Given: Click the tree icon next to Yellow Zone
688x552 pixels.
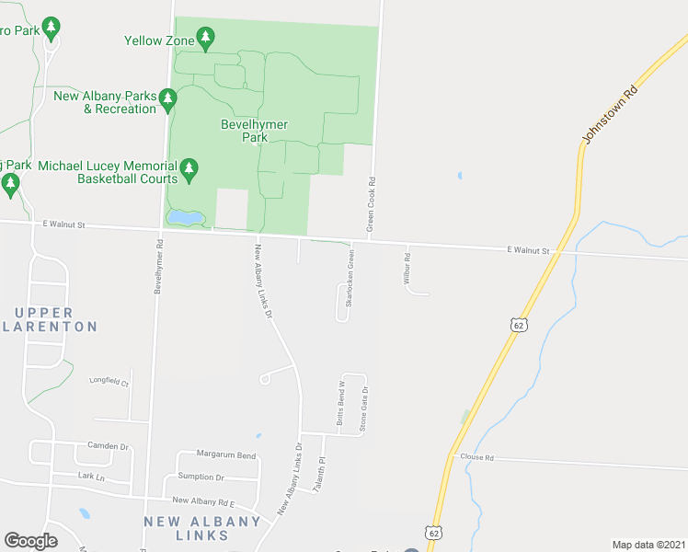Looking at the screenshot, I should pyautogui.click(x=207, y=38).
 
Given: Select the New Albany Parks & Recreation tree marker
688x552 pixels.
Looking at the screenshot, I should pyautogui.click(x=167, y=98).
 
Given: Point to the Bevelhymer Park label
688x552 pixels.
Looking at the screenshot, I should pyautogui.click(x=255, y=131).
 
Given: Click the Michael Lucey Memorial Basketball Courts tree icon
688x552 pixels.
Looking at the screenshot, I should pyautogui.click(x=189, y=167).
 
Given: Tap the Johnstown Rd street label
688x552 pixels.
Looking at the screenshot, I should pyautogui.click(x=610, y=115).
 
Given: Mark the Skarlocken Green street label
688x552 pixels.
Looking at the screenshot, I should pyautogui.click(x=350, y=277).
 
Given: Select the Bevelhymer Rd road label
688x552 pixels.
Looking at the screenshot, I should pyautogui.click(x=159, y=267).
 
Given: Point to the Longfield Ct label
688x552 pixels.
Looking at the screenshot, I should pyautogui.click(x=109, y=381).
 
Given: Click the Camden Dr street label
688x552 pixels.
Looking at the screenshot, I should pyautogui.click(x=102, y=446).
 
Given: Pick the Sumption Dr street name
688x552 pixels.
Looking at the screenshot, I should pyautogui.click(x=201, y=477).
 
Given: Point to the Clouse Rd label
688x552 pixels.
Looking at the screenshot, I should pyautogui.click(x=477, y=457).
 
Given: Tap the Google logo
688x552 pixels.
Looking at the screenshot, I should pyautogui.click(x=30, y=541).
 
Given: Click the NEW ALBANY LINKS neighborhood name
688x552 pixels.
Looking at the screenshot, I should pyautogui.click(x=203, y=522).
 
